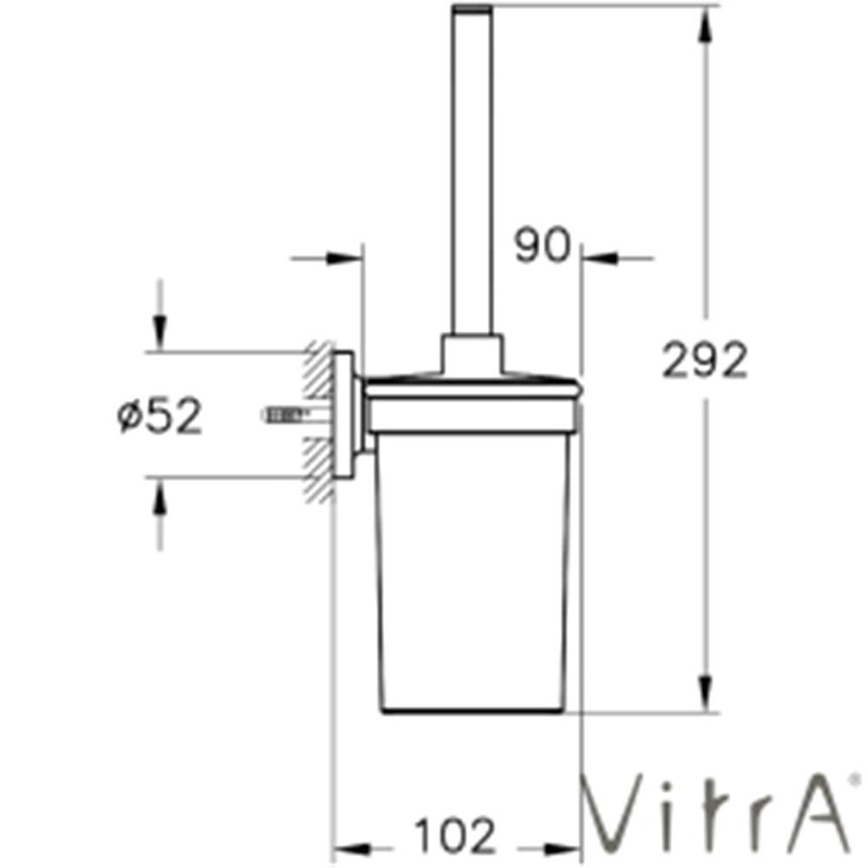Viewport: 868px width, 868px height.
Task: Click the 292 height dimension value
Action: pyautogui.click(x=704, y=360)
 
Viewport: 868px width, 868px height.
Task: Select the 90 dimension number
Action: pyautogui.click(x=542, y=247)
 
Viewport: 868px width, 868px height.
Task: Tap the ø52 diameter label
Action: pyautogui.click(x=160, y=418)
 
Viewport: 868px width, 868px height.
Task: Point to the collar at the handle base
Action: pyautogui.click(x=472, y=352)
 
